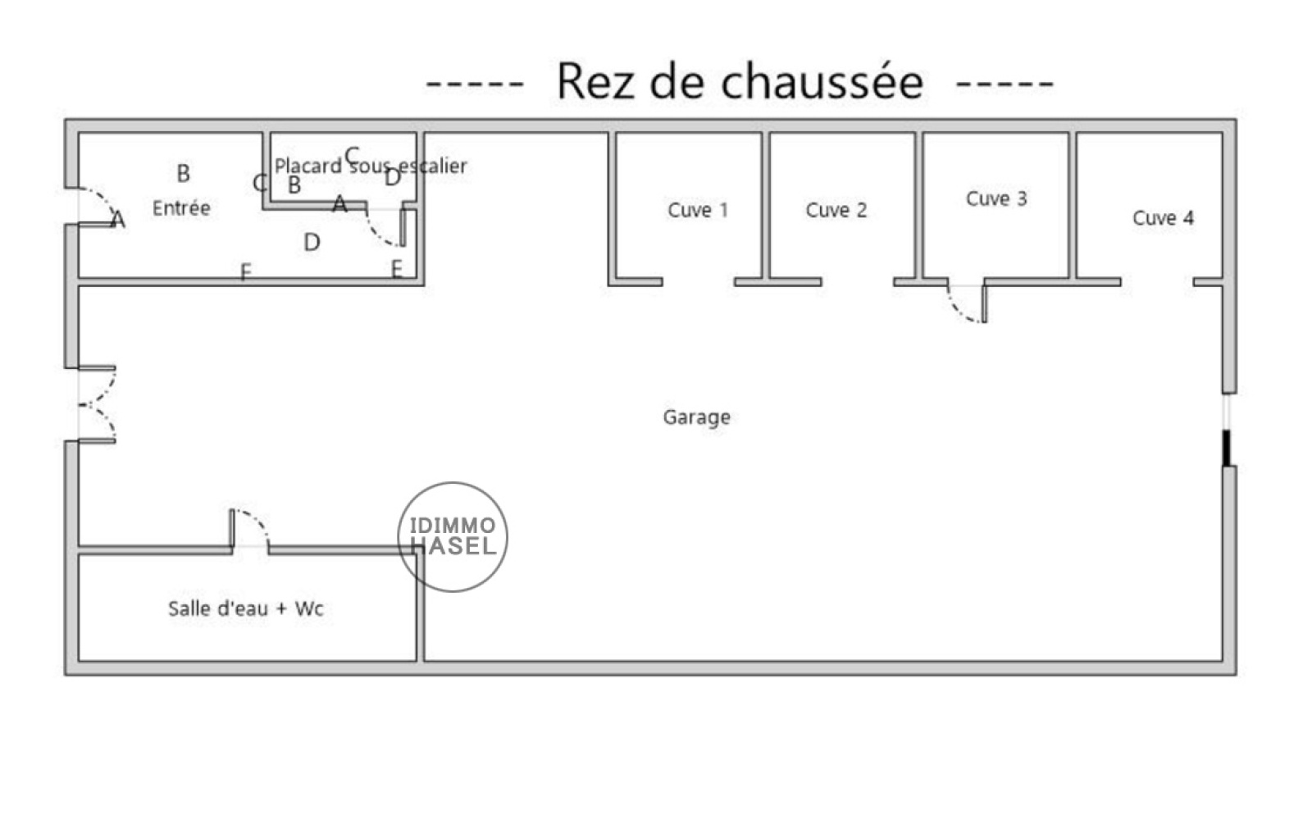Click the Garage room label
pos(696,417)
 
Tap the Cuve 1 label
pos(697,211)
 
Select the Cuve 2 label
pos(836,211)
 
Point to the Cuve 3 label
pos(995,199)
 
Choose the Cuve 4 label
pos(1163,218)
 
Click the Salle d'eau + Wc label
pos(245,608)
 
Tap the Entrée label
pos(181,208)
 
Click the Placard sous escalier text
pos(371,166)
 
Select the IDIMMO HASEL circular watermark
pos(453,537)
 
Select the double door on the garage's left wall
pos(97,404)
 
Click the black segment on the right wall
pos(1227,448)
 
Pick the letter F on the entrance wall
pos(245,271)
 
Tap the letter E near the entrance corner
pos(397,269)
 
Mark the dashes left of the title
pos(475,84)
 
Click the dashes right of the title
pos(1005,84)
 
